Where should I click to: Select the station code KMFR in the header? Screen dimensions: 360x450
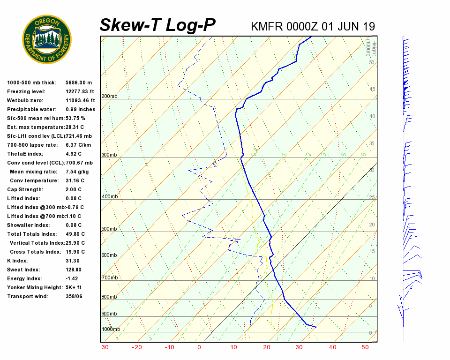pyautogui.click(x=265, y=26)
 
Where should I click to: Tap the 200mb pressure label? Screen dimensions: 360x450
pyautogui.click(x=110, y=96)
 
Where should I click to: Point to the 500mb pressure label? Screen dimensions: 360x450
pyautogui.click(x=110, y=229)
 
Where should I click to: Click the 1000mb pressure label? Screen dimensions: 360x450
pyautogui.click(x=111, y=329)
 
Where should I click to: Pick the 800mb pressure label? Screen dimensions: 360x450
pyautogui.click(x=110, y=297)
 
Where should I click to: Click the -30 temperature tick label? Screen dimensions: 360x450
pyautogui.click(x=105, y=347)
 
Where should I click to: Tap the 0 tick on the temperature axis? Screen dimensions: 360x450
pyautogui.click(x=199, y=347)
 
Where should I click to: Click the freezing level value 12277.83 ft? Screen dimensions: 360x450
pyautogui.click(x=80, y=91)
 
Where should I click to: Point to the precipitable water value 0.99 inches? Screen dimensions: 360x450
pyautogui.click(x=81, y=109)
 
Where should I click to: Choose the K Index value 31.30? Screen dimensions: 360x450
pyautogui.click(x=73, y=261)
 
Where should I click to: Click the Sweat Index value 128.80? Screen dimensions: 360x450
pyautogui.click(x=74, y=270)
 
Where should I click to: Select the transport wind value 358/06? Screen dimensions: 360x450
pyautogui.click(x=74, y=296)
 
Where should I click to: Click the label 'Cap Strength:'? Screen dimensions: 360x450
pyautogui.click(x=25, y=189)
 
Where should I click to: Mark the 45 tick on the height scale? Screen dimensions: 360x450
pyautogui.click(x=372, y=89)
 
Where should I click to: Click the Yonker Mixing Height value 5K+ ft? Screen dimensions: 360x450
pyautogui.click(x=74, y=287)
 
